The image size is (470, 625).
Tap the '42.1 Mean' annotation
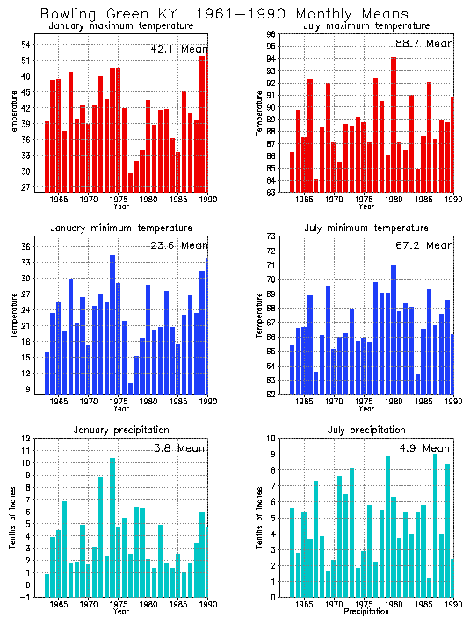(x=179, y=49)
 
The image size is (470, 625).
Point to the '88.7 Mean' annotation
(x=426, y=43)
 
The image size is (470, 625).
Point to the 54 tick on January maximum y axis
(x=26, y=45)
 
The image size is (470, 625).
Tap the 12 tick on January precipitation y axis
(x=26, y=439)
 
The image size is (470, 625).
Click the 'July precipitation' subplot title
(x=364, y=430)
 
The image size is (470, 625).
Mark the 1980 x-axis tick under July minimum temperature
(x=394, y=402)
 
